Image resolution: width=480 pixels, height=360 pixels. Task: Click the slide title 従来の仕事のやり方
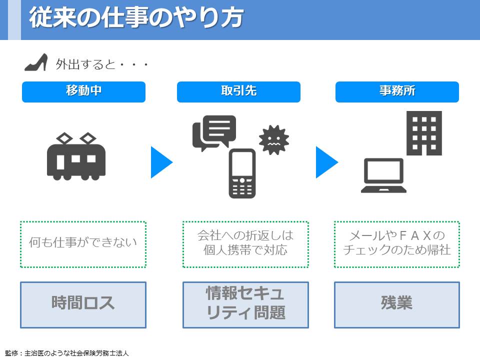tap(136, 17)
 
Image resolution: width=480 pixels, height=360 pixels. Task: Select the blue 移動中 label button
tap(83, 92)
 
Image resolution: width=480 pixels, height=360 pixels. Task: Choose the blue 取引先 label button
tap(238, 92)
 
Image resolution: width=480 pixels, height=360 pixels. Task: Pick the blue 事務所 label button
tap(397, 92)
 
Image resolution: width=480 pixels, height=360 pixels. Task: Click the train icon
tap(76, 156)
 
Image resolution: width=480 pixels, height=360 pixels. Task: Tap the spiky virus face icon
tap(273, 140)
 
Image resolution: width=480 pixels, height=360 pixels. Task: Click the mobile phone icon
tap(242, 173)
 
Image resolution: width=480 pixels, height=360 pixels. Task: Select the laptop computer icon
tap(383, 175)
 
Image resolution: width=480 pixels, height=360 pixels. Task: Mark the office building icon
tap(424, 133)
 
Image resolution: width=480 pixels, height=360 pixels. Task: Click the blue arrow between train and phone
tap(161, 162)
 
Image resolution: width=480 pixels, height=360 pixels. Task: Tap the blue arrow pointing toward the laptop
tap(326, 162)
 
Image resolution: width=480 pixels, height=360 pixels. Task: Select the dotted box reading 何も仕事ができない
tap(83, 244)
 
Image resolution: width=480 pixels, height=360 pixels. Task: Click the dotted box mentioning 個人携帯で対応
tap(245, 244)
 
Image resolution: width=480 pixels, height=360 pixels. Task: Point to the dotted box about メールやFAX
tap(396, 244)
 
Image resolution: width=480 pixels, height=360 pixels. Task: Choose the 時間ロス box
tap(83, 305)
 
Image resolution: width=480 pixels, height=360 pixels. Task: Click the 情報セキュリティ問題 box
tap(245, 305)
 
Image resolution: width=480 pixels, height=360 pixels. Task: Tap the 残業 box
tap(396, 305)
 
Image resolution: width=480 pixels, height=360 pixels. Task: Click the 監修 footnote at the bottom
tap(67, 353)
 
